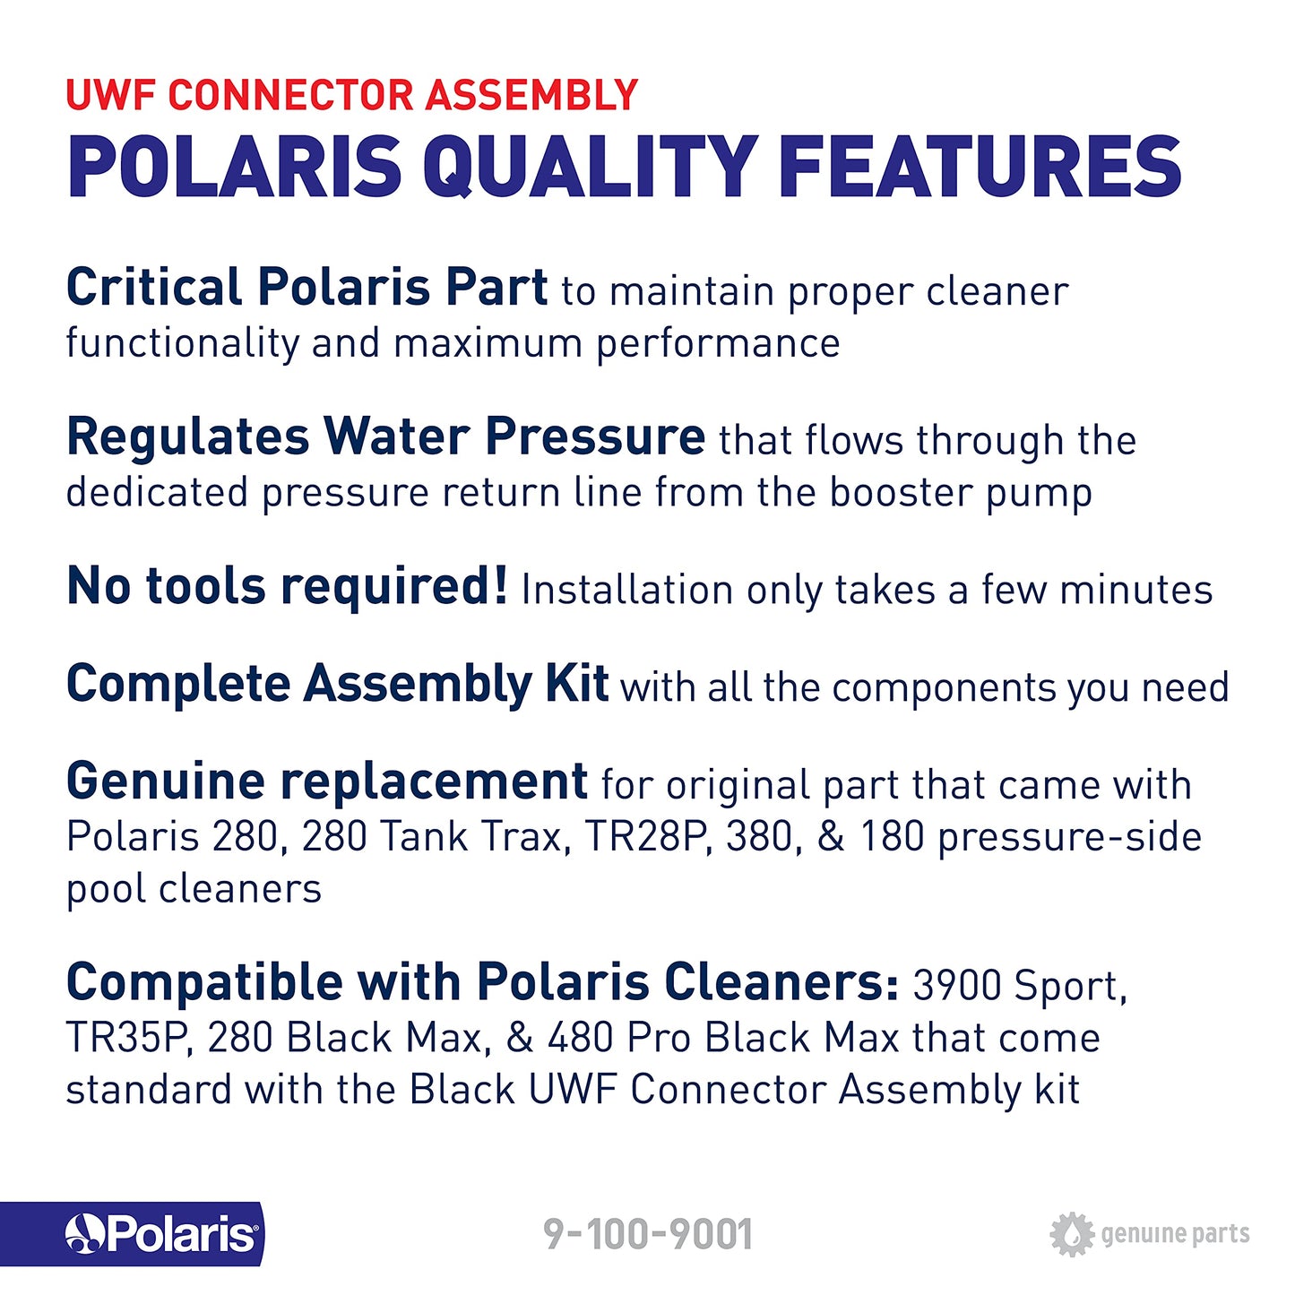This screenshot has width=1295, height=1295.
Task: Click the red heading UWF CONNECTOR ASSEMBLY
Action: [x=351, y=95]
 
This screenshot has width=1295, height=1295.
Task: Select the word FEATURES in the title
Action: [x=980, y=168]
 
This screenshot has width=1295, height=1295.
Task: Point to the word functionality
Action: [x=182, y=343]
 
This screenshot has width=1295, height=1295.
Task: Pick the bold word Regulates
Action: [x=187, y=437]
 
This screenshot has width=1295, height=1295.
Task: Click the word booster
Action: [x=901, y=493]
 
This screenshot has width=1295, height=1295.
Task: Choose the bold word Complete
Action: [x=177, y=685]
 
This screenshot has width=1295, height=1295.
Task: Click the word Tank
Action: [x=424, y=837]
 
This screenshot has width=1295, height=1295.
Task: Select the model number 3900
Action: [x=957, y=985]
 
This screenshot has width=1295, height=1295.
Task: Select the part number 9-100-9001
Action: [x=648, y=1234]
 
